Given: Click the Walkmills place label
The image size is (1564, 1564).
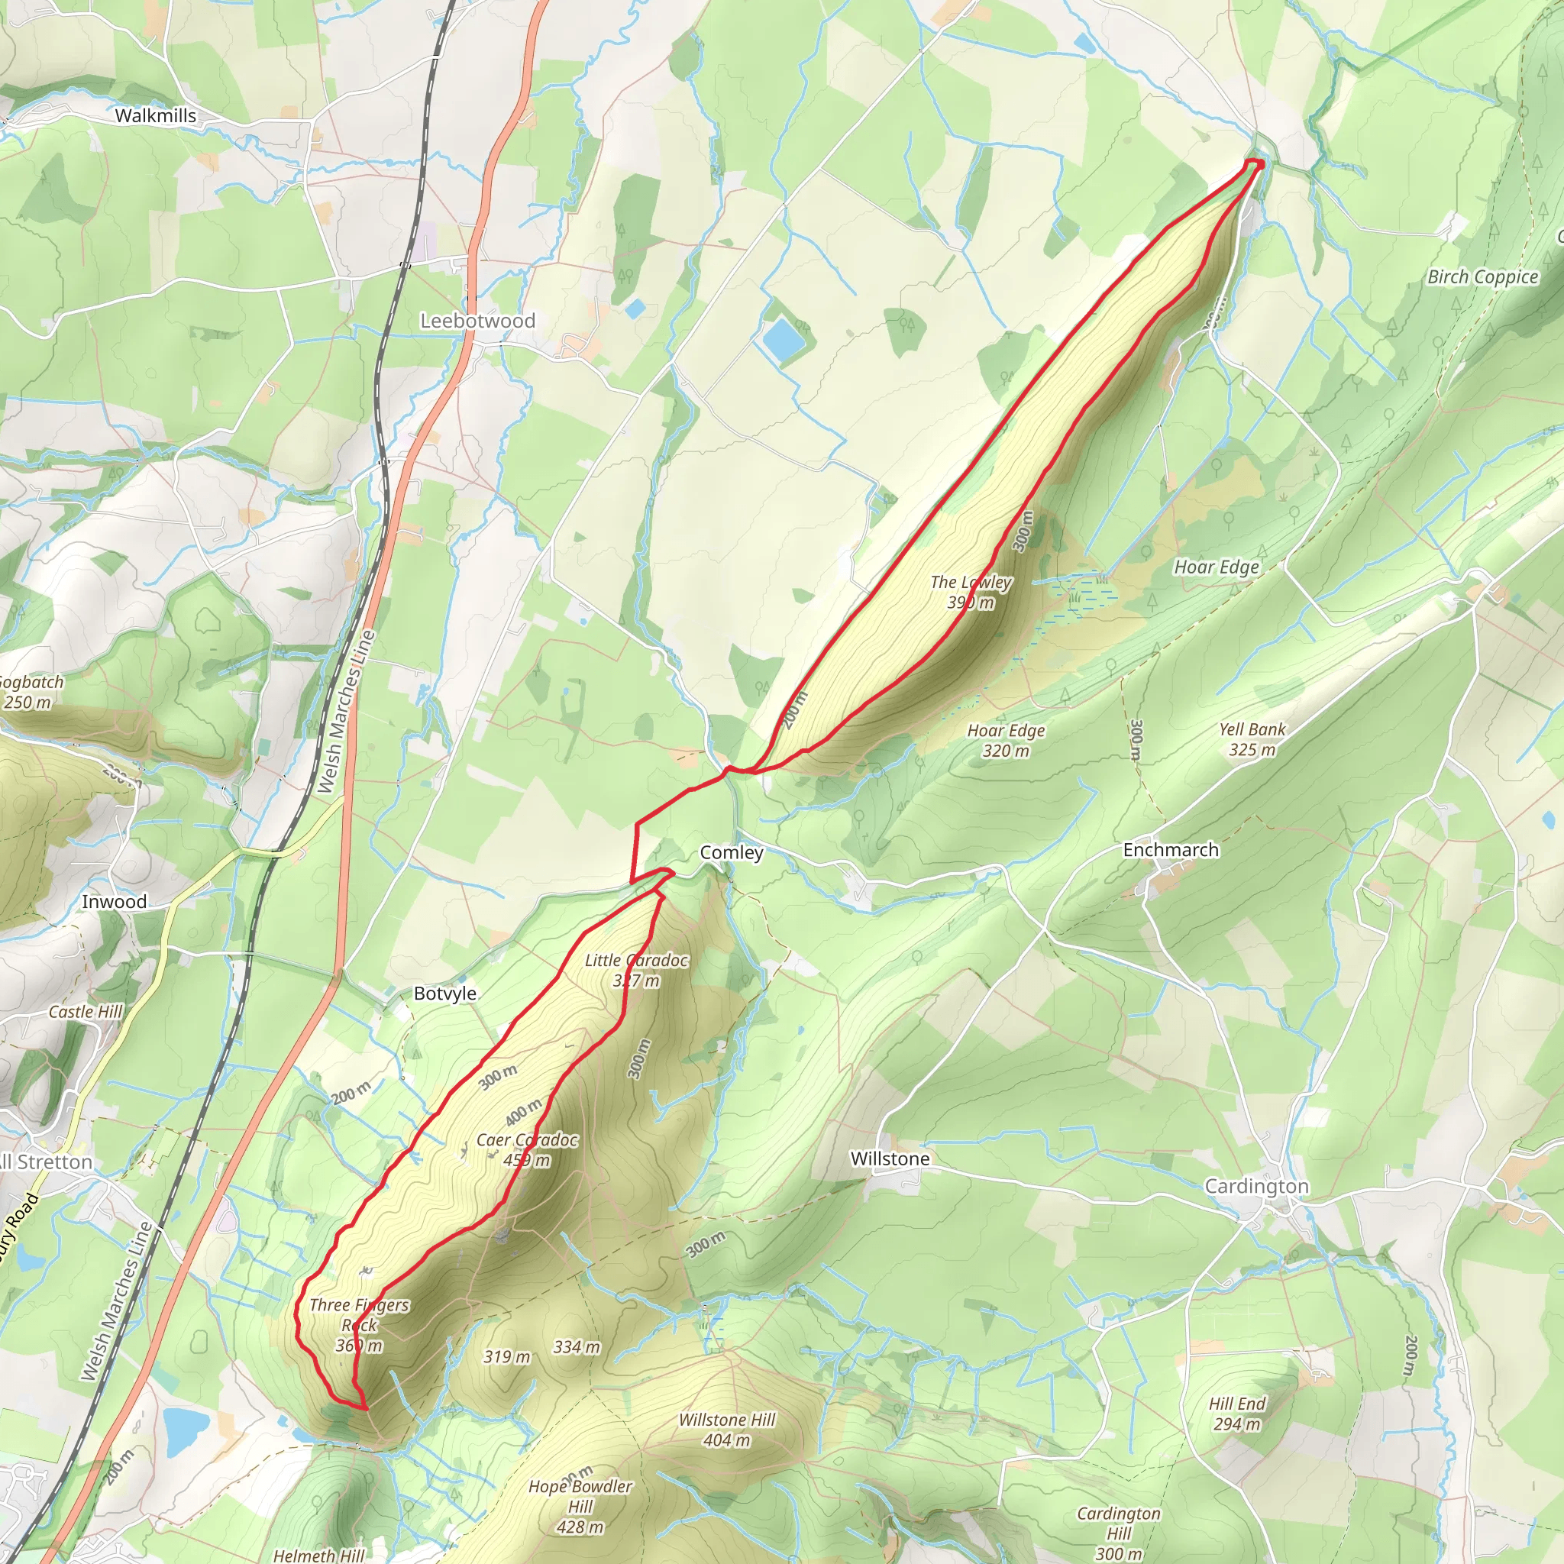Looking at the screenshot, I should (156, 116).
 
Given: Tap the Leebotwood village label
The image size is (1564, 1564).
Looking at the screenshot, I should (477, 321).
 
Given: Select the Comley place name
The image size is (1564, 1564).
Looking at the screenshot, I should (731, 852).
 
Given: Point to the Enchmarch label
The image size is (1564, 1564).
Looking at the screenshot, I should (1171, 850).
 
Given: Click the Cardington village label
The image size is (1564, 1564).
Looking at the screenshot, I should (1256, 1186).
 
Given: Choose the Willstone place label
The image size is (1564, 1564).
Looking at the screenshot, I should (890, 1158).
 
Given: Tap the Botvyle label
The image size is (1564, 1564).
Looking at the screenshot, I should (444, 994).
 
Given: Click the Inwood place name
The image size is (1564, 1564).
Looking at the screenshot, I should (114, 902).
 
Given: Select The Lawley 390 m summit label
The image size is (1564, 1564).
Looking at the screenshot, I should (971, 592).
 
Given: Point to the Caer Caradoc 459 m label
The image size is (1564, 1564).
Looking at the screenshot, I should (527, 1149).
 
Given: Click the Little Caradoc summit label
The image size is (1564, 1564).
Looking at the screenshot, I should (636, 970).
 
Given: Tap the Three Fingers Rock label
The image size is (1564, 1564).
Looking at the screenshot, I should (359, 1325).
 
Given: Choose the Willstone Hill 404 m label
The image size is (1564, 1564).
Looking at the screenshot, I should (727, 1430).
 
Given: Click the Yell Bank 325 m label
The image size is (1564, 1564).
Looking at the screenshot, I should (1252, 739).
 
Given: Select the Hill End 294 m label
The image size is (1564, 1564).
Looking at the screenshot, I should (1237, 1414).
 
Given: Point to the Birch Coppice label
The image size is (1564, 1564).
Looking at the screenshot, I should (1482, 277).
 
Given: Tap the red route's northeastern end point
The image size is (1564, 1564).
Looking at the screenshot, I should (1258, 164).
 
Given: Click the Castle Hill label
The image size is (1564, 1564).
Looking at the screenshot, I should (85, 1012).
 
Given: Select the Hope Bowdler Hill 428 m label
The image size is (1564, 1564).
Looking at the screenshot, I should (580, 1507).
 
